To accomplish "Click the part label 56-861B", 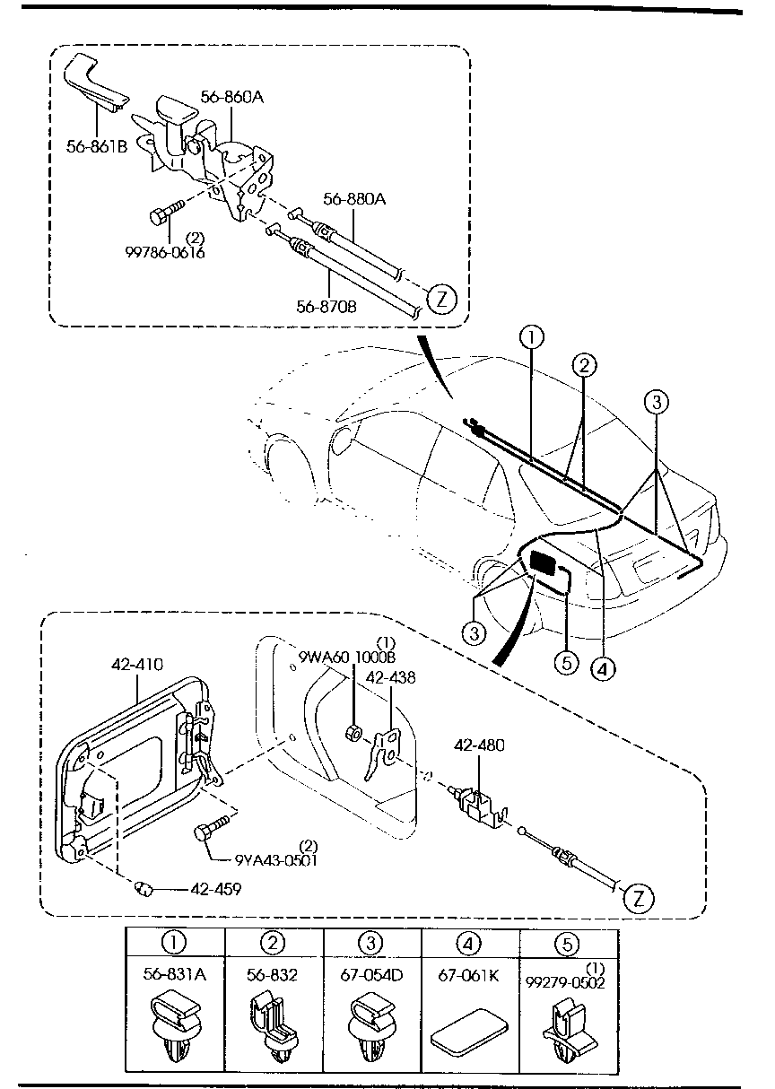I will coord(96,146).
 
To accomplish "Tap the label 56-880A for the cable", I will coord(353,200).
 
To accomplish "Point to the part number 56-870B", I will coord(327,306).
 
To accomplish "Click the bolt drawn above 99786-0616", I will coord(163,213).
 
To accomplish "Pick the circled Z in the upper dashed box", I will coord(440,299).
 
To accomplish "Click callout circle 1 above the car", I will coord(531,338).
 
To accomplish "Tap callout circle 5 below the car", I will coord(564,661).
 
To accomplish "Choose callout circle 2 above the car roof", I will coord(584,364).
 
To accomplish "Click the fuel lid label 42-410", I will coord(137,665).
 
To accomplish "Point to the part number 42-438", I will coord(396,678).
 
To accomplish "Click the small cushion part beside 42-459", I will coord(143,888).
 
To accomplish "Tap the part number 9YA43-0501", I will coord(275,858).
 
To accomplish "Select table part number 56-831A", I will coord(176,973).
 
